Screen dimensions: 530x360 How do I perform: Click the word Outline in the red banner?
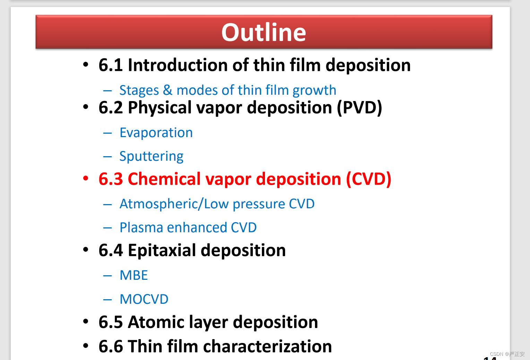click(x=264, y=32)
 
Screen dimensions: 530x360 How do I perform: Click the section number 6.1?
click(x=111, y=65)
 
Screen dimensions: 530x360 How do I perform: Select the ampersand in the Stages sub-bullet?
click(x=168, y=90)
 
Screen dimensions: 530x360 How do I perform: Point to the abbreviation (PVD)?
click(x=359, y=108)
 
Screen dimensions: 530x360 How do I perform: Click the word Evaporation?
click(x=156, y=132)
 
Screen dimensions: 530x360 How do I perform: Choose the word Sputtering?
click(x=152, y=156)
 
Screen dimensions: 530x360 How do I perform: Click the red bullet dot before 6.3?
click(x=86, y=178)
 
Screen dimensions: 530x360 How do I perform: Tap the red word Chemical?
click(x=164, y=179)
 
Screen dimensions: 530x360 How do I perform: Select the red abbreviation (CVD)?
click(x=368, y=179)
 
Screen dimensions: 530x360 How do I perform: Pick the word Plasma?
click(x=141, y=228)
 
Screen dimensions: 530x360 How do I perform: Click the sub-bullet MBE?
click(x=134, y=275)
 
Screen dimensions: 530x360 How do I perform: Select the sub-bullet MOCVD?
click(x=144, y=299)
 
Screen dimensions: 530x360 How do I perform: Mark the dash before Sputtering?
click(x=108, y=157)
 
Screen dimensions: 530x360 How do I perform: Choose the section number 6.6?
click(x=111, y=346)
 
